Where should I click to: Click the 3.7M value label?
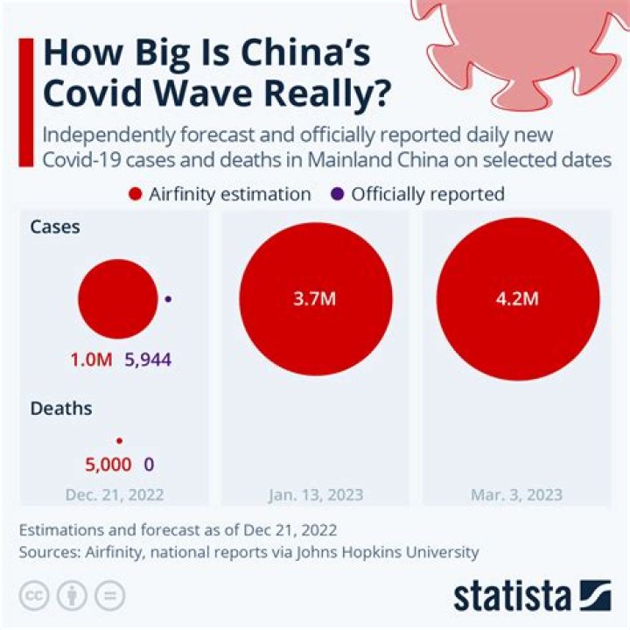tap(315, 298)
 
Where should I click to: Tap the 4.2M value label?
tap(517, 298)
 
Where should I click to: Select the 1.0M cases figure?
tap(91, 360)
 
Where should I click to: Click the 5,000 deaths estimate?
tap(108, 464)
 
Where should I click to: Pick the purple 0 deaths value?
tap(149, 464)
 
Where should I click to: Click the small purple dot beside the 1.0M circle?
tap(168, 299)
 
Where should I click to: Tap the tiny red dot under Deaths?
tap(119, 441)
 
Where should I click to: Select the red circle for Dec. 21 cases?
tap(117, 299)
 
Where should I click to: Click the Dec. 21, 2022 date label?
tap(115, 494)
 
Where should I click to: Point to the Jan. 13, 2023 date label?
tap(315, 494)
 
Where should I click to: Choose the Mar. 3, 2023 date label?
tap(517, 494)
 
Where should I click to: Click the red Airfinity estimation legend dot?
tap(135, 194)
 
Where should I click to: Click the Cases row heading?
tap(55, 227)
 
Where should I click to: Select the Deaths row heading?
tap(61, 409)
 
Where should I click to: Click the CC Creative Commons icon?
tap(36, 596)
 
